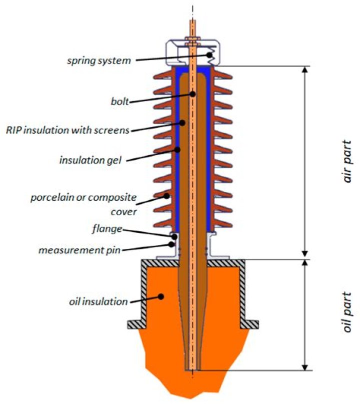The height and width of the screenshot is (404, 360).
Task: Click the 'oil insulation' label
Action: point(98,301)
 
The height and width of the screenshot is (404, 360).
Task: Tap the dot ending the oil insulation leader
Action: point(160,296)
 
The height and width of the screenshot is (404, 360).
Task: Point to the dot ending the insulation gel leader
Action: point(177,149)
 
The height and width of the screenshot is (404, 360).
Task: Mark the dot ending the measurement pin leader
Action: point(172,244)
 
